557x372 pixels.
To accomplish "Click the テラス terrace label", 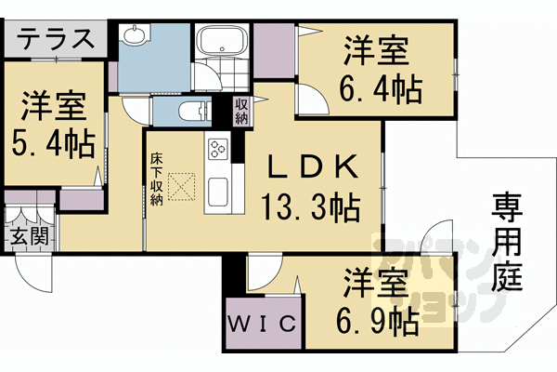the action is (56, 38).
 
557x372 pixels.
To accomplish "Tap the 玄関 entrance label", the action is (29, 236).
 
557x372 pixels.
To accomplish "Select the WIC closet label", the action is (262, 324).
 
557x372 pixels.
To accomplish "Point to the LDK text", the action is (312, 167).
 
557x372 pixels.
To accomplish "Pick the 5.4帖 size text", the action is (53, 144).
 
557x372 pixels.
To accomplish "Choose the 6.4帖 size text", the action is (382, 89).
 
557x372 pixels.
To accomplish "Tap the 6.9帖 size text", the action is (377, 322).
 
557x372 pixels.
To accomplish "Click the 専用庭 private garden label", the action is (507, 242).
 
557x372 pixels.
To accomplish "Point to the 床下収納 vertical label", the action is (156, 179).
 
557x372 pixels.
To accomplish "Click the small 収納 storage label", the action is (241, 111).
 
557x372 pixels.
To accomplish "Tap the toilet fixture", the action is (194, 111).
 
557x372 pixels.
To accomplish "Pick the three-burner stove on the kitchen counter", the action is (218, 149).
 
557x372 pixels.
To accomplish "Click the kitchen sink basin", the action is (218, 192).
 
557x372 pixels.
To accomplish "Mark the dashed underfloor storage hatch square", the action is (182, 187).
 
